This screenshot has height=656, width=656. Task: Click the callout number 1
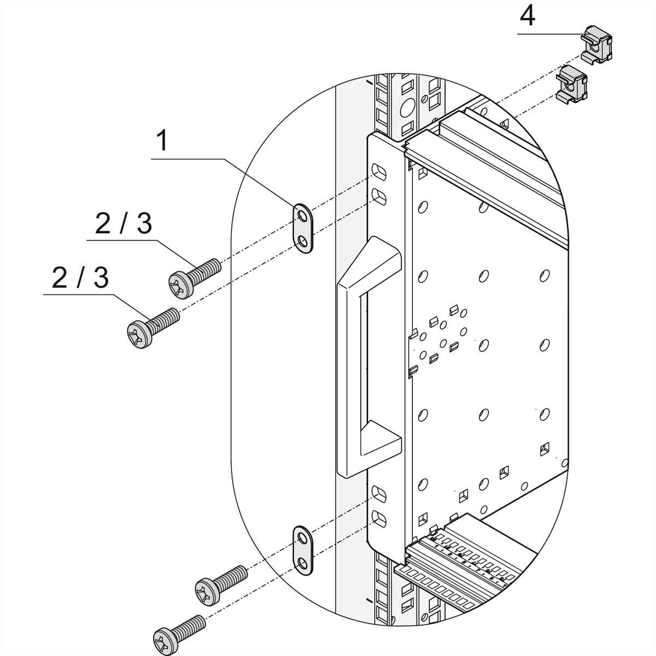click(162, 142)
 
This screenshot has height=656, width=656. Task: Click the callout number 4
click(527, 16)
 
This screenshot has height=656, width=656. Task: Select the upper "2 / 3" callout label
click(124, 223)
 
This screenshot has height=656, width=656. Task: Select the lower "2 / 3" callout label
click(80, 278)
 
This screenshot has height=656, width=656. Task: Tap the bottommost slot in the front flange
click(378, 516)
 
